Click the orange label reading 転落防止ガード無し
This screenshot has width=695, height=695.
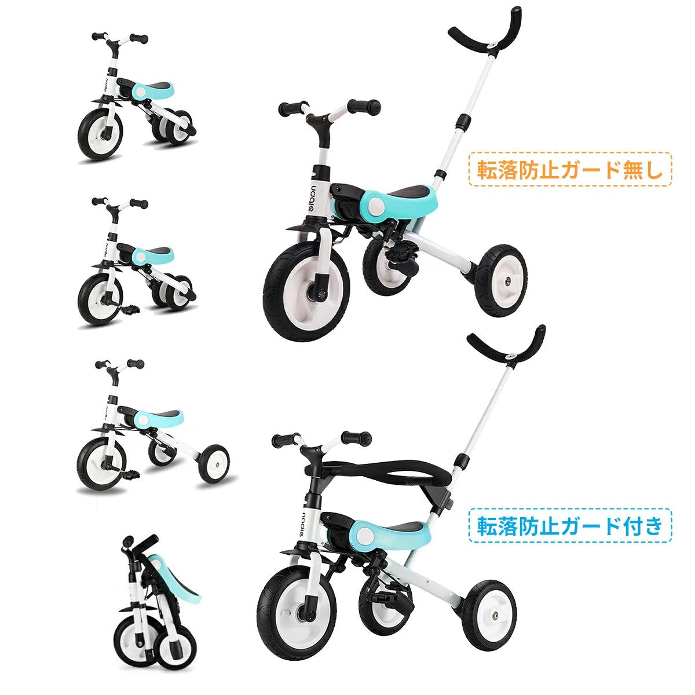point(570,169)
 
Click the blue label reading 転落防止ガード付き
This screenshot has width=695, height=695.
point(570,525)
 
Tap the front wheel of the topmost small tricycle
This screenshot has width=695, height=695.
point(100,134)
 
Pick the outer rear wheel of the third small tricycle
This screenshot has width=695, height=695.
point(213,463)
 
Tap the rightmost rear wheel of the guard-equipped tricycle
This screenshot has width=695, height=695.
point(491,614)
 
